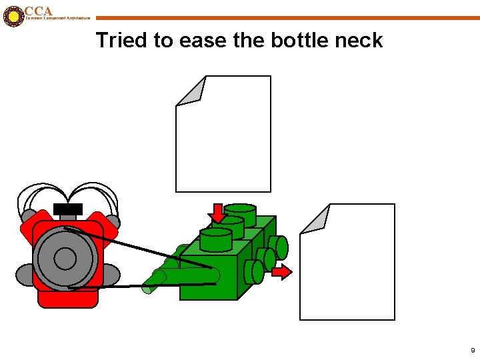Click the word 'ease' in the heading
coord(203,41)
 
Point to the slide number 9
coord(473,351)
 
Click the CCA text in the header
coord(38,11)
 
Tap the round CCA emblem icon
coord(13,15)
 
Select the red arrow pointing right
coord(281,271)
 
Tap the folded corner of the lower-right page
coord(317,218)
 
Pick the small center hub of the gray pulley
coord(65,256)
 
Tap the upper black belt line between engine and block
coord(140,247)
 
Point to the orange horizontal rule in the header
coord(287,18)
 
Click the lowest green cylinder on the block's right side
coord(256,271)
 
